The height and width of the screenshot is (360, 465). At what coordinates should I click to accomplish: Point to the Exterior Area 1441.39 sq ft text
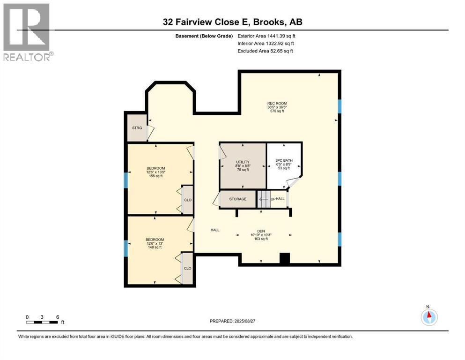(x=266, y=36)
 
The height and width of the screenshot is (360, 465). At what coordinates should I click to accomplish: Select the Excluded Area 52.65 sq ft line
(x=265, y=51)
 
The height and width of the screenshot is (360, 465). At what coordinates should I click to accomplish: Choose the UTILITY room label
(x=243, y=165)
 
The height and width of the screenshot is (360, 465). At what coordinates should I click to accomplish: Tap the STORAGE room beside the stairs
(x=237, y=199)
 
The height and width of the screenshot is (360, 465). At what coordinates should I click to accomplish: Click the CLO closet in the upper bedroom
(x=188, y=200)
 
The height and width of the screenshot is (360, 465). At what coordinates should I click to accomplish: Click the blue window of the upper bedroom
(x=125, y=180)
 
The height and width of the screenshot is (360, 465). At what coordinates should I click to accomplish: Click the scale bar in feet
(x=43, y=322)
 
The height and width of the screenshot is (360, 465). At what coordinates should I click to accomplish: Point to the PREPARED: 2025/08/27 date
(x=232, y=321)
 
